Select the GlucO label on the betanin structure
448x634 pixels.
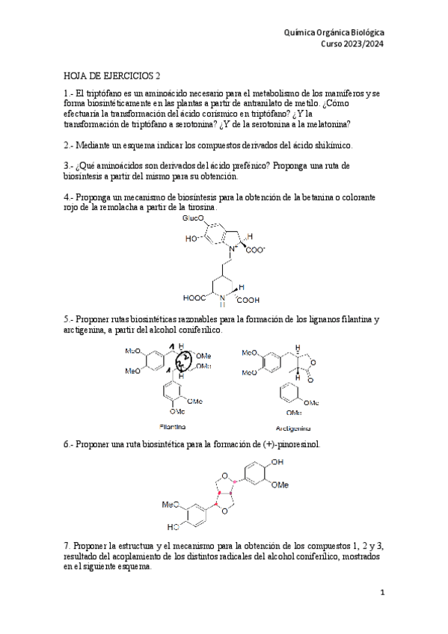(x=194, y=218)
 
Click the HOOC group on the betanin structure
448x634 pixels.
(x=194, y=298)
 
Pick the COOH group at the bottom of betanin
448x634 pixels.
(x=249, y=298)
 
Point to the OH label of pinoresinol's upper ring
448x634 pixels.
(x=279, y=463)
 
